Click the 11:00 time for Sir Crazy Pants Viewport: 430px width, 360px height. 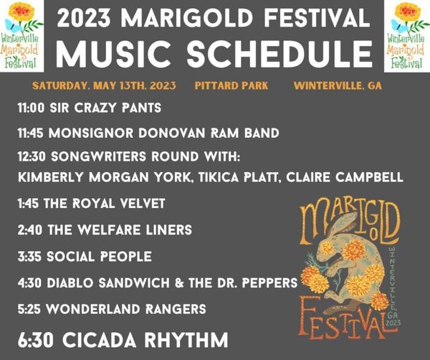[31, 108]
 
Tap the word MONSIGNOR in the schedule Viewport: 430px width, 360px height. [91, 133]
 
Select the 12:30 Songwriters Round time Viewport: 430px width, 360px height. [32, 157]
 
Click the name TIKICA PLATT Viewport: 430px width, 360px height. [237, 178]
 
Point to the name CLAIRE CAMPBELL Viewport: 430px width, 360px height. [345, 177]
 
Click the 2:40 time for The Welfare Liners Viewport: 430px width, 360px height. [30, 229]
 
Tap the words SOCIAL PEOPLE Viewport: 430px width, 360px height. [99, 257]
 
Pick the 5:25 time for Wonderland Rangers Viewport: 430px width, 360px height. [29, 309]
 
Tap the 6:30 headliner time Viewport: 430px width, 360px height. [36, 340]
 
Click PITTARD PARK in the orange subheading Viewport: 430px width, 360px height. [231, 86]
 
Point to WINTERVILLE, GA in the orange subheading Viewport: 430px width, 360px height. [338, 86]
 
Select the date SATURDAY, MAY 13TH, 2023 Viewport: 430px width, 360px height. [104, 86]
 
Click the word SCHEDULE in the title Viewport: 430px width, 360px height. [279, 54]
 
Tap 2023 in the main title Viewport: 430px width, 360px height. [84, 18]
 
